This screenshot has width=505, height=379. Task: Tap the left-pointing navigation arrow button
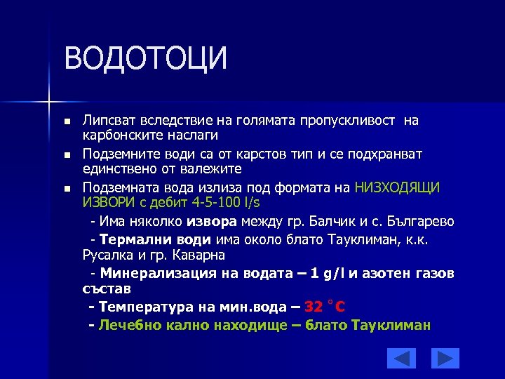click(401, 358)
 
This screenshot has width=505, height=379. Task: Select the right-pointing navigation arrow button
click(445, 358)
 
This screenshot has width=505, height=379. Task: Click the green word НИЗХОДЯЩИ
click(397, 187)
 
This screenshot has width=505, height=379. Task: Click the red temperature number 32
click(314, 307)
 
